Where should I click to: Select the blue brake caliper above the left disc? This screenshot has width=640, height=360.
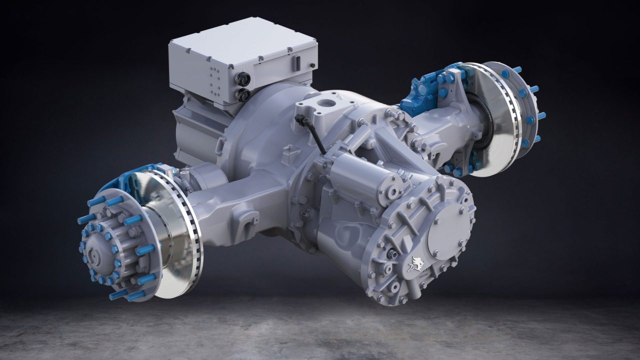click(x=125, y=177)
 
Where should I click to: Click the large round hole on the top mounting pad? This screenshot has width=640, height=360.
click(x=329, y=104)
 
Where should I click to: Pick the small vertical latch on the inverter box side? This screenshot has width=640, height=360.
click(x=296, y=63)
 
